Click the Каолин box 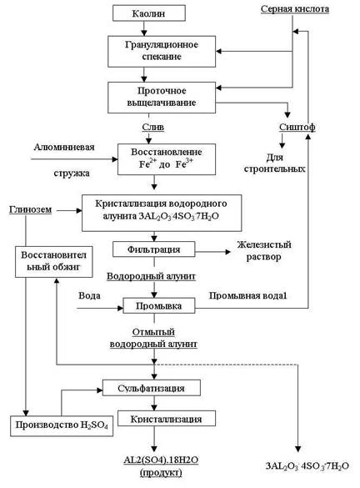(x=149, y=13)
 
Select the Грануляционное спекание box (x=162, y=52)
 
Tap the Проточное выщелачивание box (x=162, y=98)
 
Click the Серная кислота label (x=295, y=8)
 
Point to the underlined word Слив (x=153, y=127)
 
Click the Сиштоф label (x=297, y=127)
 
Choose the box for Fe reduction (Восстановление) (x=167, y=159)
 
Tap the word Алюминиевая (x=64, y=147)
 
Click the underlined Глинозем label (x=31, y=209)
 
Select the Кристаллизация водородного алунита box (x=162, y=213)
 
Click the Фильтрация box (x=154, y=249)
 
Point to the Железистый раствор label (x=264, y=250)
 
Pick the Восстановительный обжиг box (x=54, y=262)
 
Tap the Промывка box (x=159, y=305)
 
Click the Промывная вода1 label (x=247, y=295)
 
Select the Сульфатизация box (x=152, y=388)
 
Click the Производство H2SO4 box (x=62, y=425)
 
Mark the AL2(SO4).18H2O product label (x=161, y=466)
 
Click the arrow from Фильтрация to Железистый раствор (x=213, y=252)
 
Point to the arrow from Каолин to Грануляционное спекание (x=143, y=28)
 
